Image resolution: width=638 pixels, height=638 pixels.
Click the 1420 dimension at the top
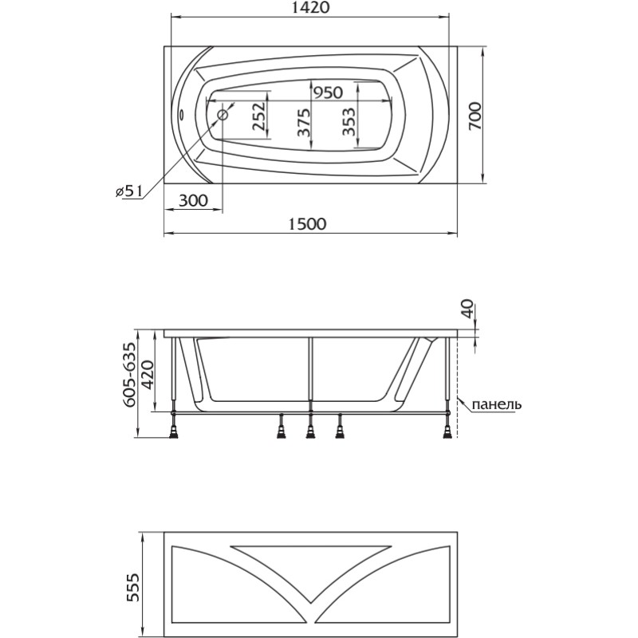pos(310,8)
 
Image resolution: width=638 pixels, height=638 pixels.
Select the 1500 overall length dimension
pos(308,224)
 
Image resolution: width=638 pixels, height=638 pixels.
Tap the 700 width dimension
pos(475,116)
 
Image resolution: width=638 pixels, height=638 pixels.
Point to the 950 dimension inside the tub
pos(328,93)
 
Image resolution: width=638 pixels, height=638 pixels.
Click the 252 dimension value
pos(258,116)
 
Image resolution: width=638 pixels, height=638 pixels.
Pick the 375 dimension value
pos(303,123)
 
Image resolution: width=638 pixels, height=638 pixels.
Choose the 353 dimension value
pos(349,122)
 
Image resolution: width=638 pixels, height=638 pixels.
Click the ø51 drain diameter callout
pos(128,191)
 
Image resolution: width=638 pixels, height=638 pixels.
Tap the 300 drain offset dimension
pos(193,201)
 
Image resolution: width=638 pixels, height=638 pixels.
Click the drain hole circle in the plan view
pos(223,115)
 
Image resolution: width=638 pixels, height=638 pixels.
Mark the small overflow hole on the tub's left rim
pos(182,115)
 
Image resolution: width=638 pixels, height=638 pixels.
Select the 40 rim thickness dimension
pos(468,309)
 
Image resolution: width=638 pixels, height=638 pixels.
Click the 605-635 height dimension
pos(129,374)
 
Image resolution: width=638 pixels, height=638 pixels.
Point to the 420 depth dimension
pos(148,374)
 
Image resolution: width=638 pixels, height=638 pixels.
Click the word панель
pos(496,404)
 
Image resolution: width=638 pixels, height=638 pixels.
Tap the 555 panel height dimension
pos(133,588)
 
